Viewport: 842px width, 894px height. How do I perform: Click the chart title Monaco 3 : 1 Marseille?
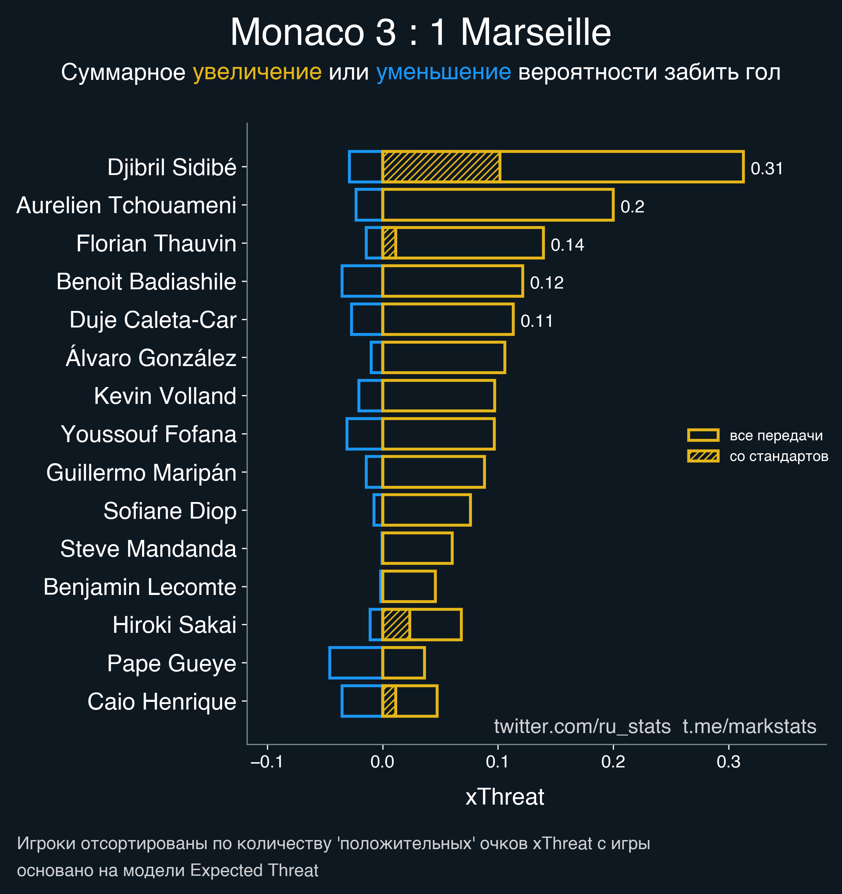[x=420, y=32]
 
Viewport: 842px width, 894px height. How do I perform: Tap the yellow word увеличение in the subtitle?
[x=257, y=72]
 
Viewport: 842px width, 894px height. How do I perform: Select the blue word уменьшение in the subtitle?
[x=443, y=72]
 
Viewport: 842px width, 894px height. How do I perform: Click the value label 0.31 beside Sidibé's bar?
[x=767, y=169]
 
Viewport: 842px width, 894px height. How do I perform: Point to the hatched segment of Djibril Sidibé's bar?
[x=441, y=167]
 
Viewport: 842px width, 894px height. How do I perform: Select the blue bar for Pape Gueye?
[x=355, y=663]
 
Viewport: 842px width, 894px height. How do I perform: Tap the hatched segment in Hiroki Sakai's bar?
[x=396, y=625]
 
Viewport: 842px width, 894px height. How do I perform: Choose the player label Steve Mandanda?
[x=148, y=549]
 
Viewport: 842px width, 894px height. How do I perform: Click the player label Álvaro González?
[x=151, y=358]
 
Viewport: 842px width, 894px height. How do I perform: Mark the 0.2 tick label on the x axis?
[x=613, y=762]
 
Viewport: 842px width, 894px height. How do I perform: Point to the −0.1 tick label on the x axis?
[x=267, y=762]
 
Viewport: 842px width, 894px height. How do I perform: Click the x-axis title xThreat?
[x=504, y=797]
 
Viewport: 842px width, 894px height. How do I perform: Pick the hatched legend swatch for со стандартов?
[x=703, y=456]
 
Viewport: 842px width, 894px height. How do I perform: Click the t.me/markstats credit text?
[x=749, y=726]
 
